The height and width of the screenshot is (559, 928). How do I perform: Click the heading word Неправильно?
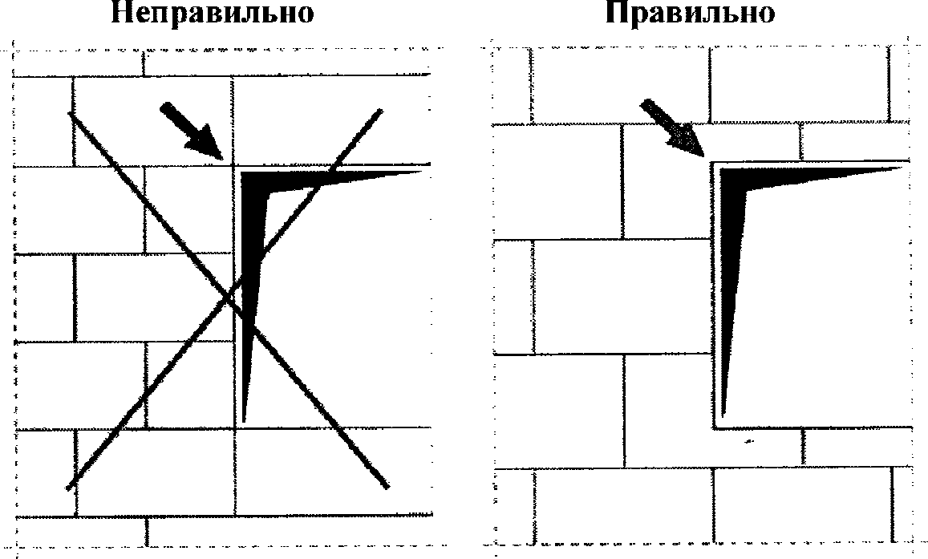(212, 13)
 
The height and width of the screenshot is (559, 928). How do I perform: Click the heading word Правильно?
(690, 13)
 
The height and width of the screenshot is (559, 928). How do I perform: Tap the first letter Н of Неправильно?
(121, 13)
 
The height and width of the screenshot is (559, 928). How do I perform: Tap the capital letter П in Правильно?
(616, 13)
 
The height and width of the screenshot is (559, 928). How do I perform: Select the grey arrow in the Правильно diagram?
(672, 128)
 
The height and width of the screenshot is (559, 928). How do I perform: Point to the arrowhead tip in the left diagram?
(221, 157)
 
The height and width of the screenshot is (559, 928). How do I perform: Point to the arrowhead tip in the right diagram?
(703, 156)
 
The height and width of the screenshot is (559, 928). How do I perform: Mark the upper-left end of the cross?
(71, 113)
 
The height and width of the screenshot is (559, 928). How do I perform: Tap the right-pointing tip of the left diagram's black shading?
(421, 172)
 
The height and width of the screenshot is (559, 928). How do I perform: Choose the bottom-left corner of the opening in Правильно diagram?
(714, 427)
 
